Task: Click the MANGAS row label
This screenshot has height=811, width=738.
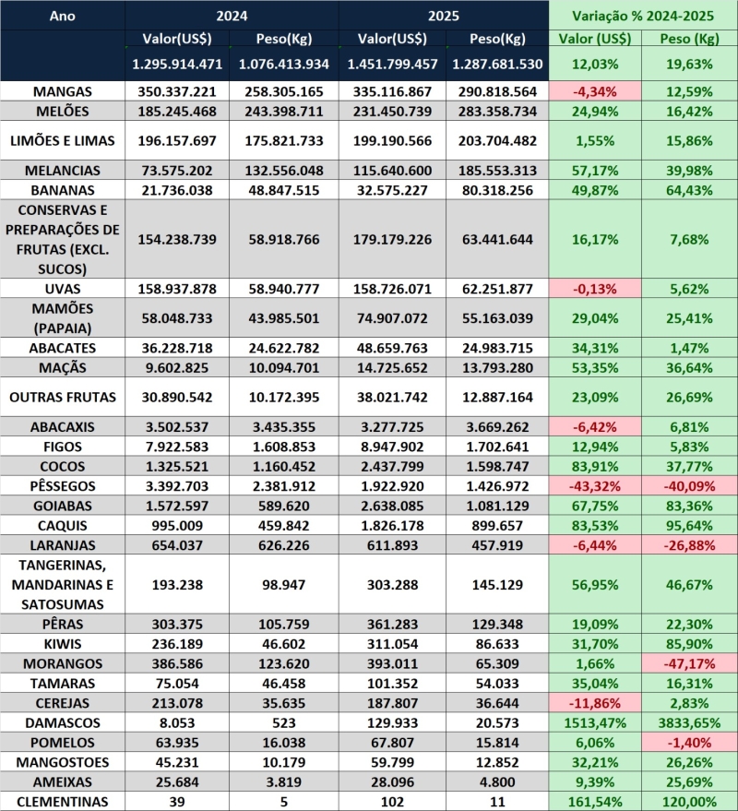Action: click(61, 91)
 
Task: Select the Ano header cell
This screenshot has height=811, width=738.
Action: click(61, 16)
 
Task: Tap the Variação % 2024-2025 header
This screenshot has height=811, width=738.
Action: click(643, 16)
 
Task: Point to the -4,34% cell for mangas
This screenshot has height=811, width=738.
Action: click(595, 91)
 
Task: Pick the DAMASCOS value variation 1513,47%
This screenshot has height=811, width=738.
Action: click(595, 722)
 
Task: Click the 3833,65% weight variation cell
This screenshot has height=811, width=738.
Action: click(690, 722)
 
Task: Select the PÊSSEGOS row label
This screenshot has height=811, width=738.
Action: click(61, 485)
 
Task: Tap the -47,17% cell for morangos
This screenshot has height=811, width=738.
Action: click(690, 663)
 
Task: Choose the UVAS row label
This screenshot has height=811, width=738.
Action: click(61, 289)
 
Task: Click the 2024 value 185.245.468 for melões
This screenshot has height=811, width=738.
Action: click(178, 112)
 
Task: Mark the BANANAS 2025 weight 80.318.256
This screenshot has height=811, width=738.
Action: click(496, 190)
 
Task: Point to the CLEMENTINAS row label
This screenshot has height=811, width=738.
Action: click(61, 801)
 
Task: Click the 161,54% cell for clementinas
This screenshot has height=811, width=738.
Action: click(595, 801)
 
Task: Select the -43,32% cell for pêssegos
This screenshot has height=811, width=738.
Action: click(595, 485)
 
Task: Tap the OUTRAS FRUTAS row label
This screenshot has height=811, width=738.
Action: click(61, 398)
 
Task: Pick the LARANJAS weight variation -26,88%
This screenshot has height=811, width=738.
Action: click(690, 544)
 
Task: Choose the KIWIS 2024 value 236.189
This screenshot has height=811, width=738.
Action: click(178, 644)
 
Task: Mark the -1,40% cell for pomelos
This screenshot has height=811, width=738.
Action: click(690, 742)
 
